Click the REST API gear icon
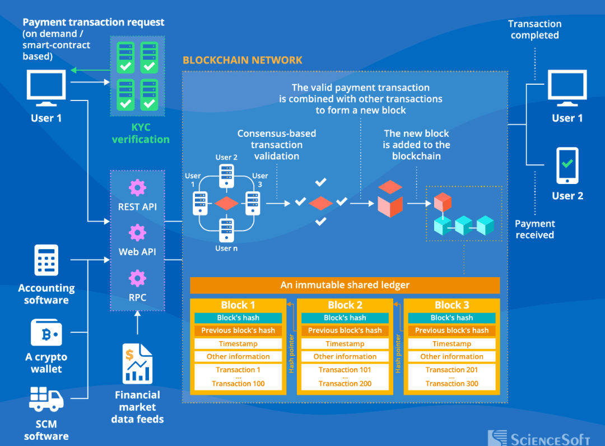[x=137, y=187]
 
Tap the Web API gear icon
[x=137, y=232]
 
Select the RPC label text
[x=137, y=297]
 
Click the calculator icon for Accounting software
[x=46, y=260]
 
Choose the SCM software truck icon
[x=46, y=398]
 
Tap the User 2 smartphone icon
[x=567, y=165]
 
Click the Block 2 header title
[x=345, y=305]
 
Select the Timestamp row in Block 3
[x=452, y=344]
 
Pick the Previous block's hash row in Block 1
[x=238, y=330]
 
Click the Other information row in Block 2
[x=345, y=357]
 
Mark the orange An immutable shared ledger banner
[x=345, y=286]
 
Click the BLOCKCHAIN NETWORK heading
[x=243, y=60]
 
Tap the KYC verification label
[x=141, y=134]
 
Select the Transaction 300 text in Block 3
[x=452, y=384]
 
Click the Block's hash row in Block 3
[x=452, y=318]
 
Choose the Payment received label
[x=534, y=229]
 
